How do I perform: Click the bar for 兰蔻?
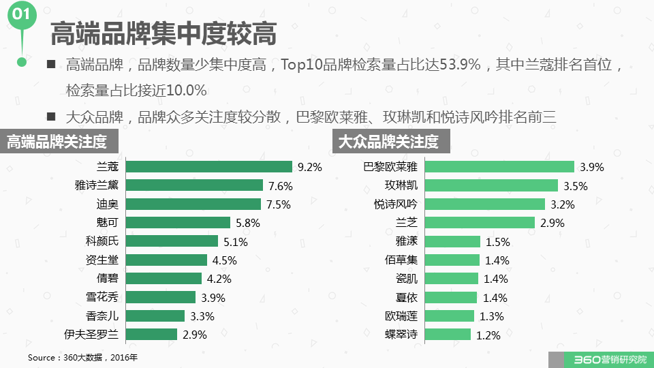209,167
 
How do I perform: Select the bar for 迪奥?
193,204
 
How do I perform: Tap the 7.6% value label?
280,185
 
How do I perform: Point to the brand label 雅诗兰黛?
96,185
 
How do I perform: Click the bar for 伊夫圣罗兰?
152,334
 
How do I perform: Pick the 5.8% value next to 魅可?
248,222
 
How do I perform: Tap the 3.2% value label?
563,204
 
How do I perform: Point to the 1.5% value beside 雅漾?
497,241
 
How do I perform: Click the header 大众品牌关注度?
389,142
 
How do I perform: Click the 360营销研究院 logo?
600,359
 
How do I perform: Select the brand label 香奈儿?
102,316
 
